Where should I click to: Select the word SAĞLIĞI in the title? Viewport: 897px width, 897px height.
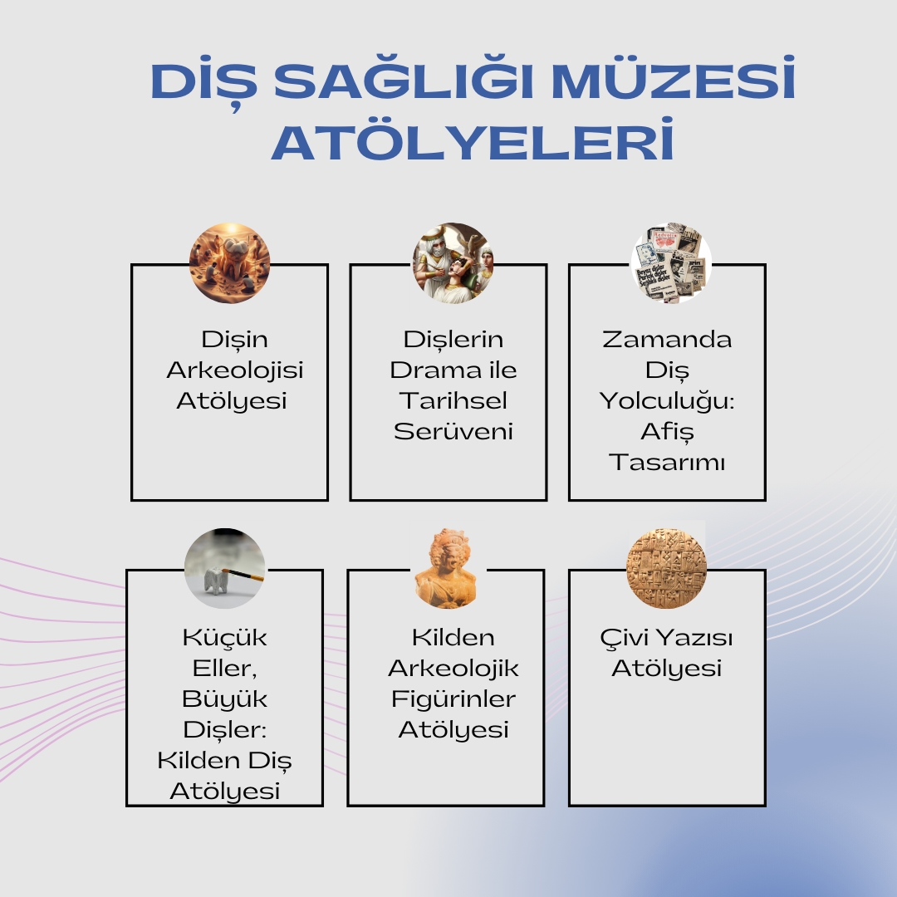(x=404, y=79)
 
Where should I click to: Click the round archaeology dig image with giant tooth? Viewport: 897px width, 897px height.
(x=229, y=263)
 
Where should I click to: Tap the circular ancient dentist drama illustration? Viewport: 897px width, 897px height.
(x=453, y=263)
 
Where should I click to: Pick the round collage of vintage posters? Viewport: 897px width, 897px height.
(x=671, y=263)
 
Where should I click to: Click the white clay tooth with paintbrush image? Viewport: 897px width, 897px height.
(x=225, y=569)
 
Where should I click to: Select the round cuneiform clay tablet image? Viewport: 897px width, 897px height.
(x=666, y=569)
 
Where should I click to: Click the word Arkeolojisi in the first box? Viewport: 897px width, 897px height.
(x=234, y=371)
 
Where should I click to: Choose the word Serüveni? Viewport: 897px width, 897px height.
(x=453, y=431)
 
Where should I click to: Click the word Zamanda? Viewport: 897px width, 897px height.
(x=667, y=339)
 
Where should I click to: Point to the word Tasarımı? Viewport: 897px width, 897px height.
(x=667, y=463)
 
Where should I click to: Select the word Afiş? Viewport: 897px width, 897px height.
(x=667, y=432)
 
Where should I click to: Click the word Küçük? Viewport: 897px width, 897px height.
(x=224, y=637)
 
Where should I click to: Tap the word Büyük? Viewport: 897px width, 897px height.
(x=224, y=699)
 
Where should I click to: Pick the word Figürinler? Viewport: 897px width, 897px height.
(x=453, y=699)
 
